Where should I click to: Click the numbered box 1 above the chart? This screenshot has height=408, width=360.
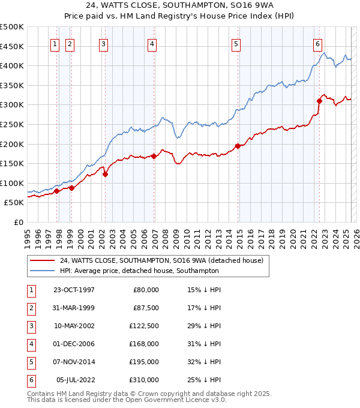coord(55,43)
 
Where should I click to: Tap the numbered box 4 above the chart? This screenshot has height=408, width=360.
coord(152,43)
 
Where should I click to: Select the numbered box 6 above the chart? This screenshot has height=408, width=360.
coord(317,43)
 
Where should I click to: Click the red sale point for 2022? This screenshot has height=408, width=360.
coord(319,101)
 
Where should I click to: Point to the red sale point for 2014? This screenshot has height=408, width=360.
coord(238,146)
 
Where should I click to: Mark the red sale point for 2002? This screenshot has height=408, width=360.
coord(105,175)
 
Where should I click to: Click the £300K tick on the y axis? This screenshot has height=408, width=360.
coord(13,105)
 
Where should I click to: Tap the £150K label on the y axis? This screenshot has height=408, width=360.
coord(13,163)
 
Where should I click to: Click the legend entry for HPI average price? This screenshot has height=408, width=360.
coord(139,271)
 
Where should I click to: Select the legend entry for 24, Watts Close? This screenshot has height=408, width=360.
coord(161,260)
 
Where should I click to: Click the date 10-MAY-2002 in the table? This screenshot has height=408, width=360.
coord(74,326)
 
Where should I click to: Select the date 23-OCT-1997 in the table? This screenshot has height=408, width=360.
coord(74,290)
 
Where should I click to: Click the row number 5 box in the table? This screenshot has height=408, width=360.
coord(30,362)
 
